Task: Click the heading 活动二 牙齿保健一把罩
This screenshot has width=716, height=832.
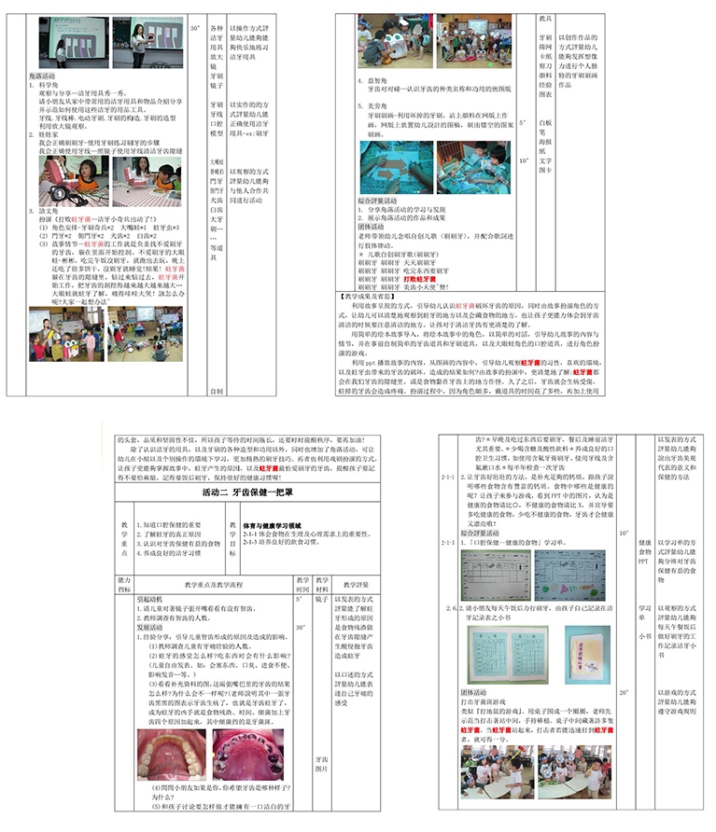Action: [x=247, y=492]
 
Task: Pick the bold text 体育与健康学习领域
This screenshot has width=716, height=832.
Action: [x=274, y=527]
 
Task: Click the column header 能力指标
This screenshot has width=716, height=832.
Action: [x=123, y=585]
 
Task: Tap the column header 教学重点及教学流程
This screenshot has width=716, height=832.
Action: [x=214, y=585]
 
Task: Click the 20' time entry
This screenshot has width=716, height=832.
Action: [x=625, y=693]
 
